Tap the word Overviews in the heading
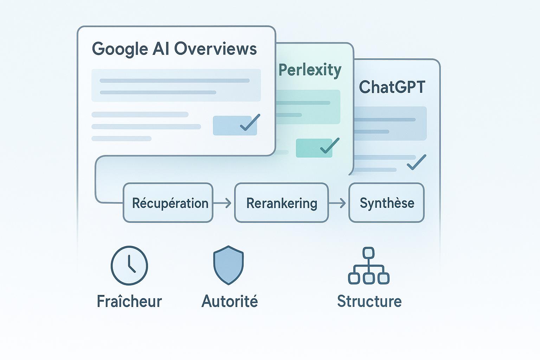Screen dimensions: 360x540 tap(215, 49)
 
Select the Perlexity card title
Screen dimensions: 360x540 tap(310, 70)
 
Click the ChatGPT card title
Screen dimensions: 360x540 tap(392, 87)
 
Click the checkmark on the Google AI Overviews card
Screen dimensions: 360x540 tap(250, 123)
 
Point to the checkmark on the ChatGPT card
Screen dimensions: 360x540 tap(416, 162)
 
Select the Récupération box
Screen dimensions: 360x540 tap(168, 203)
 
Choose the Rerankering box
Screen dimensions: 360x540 tap(281, 203)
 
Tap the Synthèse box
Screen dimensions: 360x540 tap(386, 203)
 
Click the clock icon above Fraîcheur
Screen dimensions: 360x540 tap(129, 265)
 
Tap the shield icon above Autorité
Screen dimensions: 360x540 tap(229, 265)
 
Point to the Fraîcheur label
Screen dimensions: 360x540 tap(129, 301)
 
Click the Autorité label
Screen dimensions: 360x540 tap(230, 301)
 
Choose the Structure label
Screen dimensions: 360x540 tap(369, 301)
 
